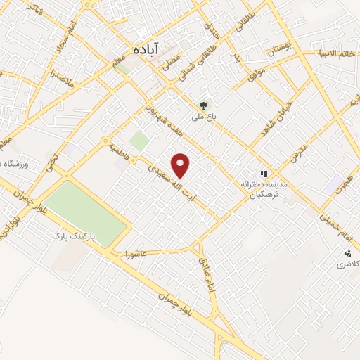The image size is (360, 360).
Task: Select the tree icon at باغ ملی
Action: (205, 105)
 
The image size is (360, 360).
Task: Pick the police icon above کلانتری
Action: (347, 252)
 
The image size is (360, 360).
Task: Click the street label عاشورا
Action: (136, 250)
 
